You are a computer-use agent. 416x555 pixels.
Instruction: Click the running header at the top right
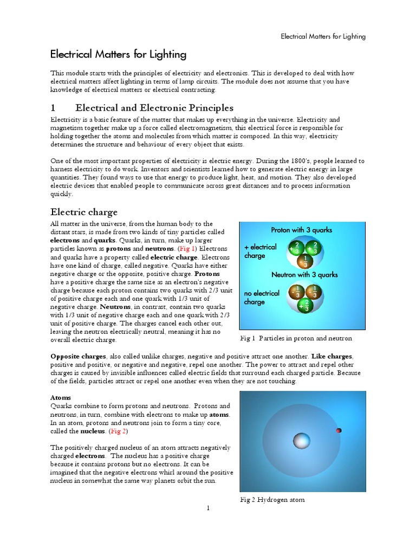point(323,36)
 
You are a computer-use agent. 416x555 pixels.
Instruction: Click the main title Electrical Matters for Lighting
point(118,54)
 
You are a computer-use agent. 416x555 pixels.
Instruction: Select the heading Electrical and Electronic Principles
point(154,108)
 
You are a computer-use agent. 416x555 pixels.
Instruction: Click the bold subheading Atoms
point(61,397)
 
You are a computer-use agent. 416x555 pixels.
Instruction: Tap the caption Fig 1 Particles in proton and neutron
point(296,338)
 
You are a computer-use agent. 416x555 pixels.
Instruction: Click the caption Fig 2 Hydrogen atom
point(272,499)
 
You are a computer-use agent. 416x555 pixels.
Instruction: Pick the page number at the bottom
point(207,508)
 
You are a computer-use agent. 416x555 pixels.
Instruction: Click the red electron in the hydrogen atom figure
point(339,430)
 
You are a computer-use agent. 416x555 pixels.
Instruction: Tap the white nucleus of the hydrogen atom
point(301,441)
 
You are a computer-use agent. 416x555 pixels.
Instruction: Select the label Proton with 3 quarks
point(302,230)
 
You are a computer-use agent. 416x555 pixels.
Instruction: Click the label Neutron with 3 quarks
point(304,275)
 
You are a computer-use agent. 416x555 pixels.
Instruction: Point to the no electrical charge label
point(262,298)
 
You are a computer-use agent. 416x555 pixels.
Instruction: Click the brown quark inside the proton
point(305,261)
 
